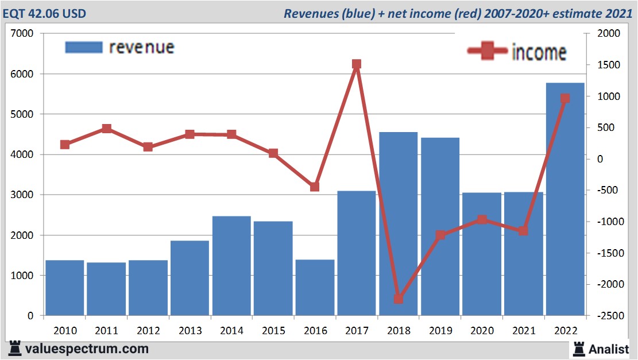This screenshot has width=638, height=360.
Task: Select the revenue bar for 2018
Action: (x=398, y=224)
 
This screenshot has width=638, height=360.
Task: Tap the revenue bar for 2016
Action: (x=315, y=287)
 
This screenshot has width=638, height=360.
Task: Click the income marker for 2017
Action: (x=356, y=64)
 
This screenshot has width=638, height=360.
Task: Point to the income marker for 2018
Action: (x=399, y=299)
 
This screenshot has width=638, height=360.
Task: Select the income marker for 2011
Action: (x=106, y=129)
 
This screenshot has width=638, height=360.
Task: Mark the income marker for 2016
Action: (x=315, y=187)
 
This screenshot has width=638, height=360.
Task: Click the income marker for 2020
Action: (x=482, y=219)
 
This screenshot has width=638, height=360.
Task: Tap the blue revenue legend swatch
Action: (x=84, y=47)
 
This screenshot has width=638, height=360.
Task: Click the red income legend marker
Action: (x=488, y=51)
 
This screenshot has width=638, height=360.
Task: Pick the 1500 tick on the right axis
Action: (x=608, y=65)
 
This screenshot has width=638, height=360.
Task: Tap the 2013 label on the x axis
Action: (x=190, y=331)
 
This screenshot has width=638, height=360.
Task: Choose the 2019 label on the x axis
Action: (x=440, y=331)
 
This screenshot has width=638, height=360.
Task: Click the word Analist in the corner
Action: (x=609, y=349)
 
